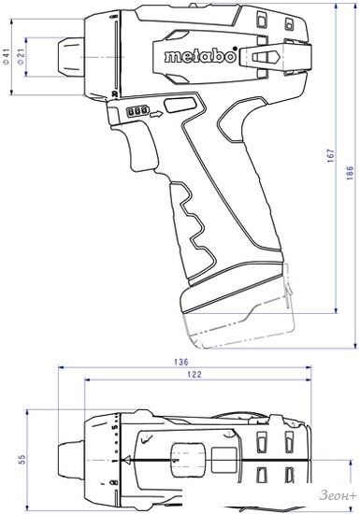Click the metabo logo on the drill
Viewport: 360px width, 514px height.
point(200,56)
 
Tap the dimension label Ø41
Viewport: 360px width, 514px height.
point(7,57)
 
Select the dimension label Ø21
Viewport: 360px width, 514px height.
point(21,57)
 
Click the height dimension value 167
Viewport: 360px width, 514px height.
point(330,156)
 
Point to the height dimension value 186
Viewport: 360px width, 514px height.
point(350,173)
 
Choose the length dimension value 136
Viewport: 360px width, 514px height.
point(181,362)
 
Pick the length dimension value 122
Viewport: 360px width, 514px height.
point(194,375)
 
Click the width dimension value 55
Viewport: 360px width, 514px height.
point(22,459)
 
